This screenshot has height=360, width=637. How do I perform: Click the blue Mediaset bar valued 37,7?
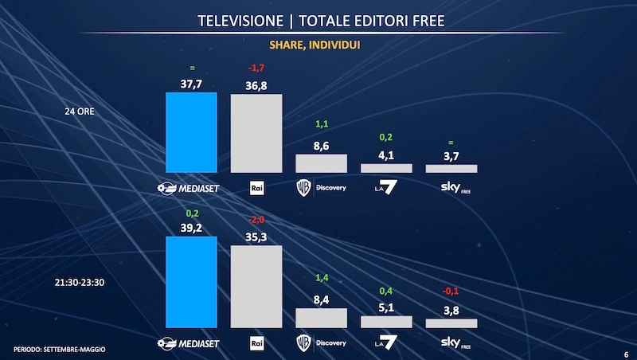pos(191,132)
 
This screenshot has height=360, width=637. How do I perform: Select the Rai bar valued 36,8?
pos(256,133)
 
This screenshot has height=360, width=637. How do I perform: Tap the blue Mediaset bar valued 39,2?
pos(191,282)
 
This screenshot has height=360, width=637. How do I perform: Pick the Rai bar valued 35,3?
pos(256,287)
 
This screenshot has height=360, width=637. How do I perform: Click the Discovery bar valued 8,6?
pos(321,163)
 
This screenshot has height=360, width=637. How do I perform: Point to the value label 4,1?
pos(386,155)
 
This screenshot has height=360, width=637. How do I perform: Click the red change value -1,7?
pos(256,68)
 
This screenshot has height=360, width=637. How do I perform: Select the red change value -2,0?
pos(256,220)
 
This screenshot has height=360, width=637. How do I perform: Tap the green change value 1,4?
pos(321,277)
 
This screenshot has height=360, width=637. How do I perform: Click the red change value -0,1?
pos(451,292)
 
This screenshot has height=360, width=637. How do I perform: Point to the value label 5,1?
pos(386,307)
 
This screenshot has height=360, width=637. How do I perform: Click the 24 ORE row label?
pos(80,112)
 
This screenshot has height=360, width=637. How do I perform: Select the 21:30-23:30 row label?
pos(80,282)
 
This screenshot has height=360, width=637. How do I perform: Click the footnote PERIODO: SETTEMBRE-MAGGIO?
pos(60,350)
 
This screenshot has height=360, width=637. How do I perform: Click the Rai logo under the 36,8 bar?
pos(256,188)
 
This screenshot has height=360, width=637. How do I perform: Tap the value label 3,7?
pos(451,156)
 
